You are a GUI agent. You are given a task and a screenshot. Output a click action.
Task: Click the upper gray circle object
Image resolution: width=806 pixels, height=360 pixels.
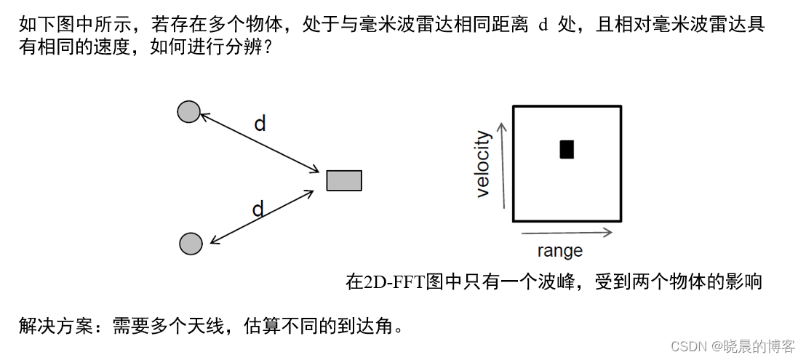coord(188,111)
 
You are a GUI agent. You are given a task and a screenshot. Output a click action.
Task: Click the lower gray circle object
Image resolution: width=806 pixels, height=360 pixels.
coord(191,244)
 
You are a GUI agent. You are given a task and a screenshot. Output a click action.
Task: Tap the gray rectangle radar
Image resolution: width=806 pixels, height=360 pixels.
coord(343,180)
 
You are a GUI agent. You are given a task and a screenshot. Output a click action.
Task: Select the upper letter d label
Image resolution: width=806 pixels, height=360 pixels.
coord(260,124)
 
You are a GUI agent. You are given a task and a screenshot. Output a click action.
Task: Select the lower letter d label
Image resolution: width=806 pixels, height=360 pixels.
coord(258,210)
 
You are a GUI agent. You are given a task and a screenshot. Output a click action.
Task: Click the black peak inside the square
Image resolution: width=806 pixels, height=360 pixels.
coord(567,149)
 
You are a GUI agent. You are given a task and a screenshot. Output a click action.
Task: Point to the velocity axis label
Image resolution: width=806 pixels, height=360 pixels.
coord(483,164)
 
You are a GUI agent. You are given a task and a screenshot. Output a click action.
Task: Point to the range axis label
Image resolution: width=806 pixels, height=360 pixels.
coord(559,252)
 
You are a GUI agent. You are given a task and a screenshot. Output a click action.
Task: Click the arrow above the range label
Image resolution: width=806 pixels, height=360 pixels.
coord(567,233)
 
